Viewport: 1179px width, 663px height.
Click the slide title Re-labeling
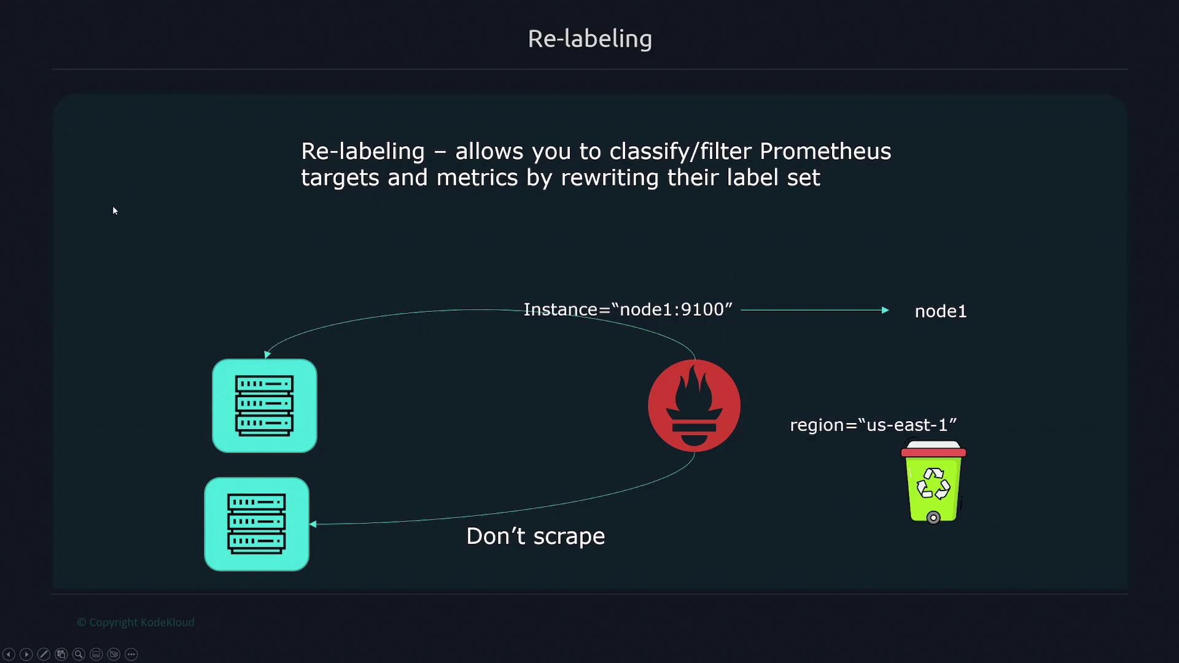point(589,39)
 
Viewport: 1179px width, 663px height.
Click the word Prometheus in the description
point(825,151)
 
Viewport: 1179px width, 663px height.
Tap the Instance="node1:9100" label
point(628,309)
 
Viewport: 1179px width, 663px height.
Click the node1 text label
point(941,311)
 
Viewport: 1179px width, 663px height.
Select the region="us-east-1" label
point(873,425)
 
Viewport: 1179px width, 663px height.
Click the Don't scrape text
point(535,537)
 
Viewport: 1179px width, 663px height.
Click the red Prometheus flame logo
point(694,406)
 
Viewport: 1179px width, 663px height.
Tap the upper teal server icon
point(265,406)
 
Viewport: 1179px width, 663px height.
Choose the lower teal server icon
point(257,524)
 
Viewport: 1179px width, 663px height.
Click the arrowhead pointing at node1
point(885,310)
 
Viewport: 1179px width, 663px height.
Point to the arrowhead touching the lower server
point(313,524)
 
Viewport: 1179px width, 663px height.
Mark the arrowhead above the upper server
point(267,354)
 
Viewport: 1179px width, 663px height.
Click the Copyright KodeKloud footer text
point(136,622)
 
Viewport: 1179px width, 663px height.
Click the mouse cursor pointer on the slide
point(115,211)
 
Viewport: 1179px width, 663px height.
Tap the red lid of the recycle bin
point(933,452)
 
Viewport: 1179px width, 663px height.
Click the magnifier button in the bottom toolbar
point(79,654)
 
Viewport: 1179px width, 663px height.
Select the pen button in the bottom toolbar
point(44,654)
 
